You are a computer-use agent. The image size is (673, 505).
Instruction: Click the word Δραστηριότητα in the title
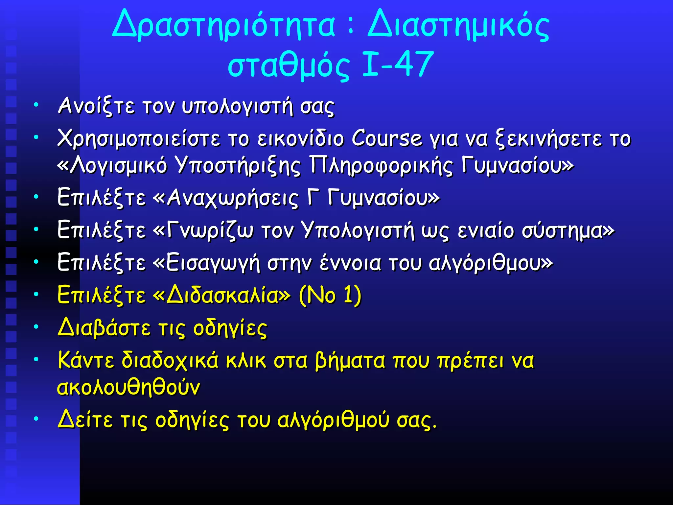point(223,25)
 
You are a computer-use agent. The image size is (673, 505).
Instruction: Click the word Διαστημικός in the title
point(458,25)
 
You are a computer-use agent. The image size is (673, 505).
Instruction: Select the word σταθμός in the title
point(289,65)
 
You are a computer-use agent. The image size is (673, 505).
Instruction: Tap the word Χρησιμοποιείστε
point(138,139)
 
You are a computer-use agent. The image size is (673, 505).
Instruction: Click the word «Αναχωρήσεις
point(226,198)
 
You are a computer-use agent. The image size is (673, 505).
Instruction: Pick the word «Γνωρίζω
point(203,230)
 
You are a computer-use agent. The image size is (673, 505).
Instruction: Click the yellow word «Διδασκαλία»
point(222,295)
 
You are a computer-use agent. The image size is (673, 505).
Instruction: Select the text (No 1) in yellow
point(330,295)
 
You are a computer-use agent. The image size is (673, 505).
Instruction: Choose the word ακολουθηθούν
point(128,387)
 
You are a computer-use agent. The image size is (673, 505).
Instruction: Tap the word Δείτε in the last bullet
point(85,420)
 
